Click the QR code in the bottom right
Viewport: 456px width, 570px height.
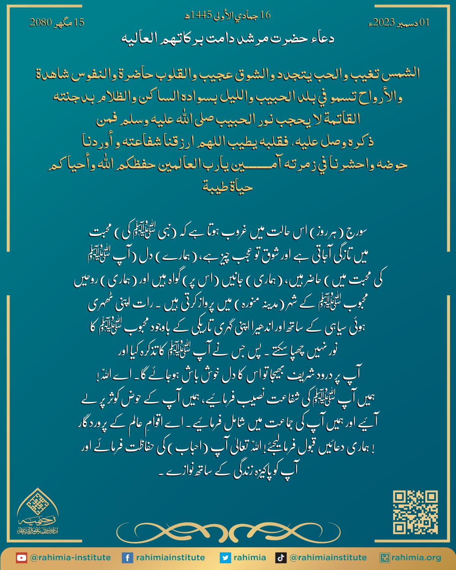415,512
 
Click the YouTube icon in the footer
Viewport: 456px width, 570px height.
21,557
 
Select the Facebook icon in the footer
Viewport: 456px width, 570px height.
127,557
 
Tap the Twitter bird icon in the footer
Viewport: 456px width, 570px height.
225,557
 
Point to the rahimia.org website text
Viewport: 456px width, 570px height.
417,557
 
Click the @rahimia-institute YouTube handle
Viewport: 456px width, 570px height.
70,557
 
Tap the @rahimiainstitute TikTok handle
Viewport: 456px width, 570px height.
328,557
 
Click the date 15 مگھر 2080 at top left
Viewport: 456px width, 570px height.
57,23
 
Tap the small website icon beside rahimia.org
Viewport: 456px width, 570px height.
385,557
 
